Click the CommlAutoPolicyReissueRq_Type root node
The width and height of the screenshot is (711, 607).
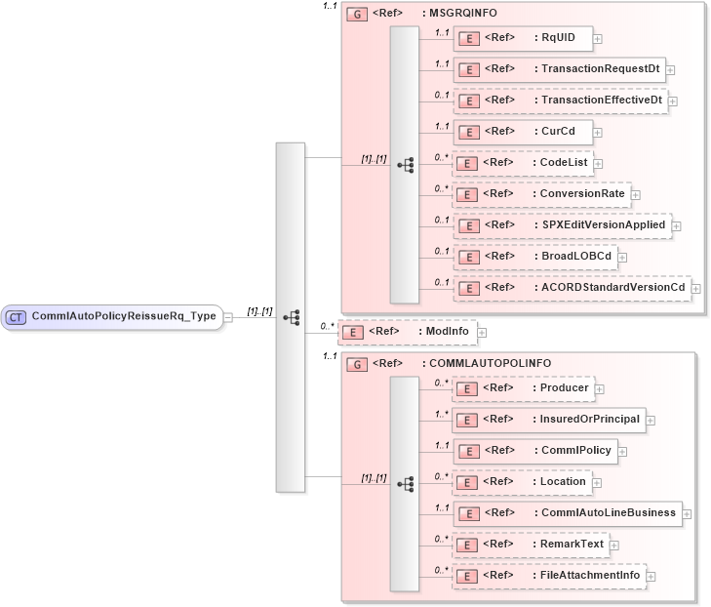point(111,316)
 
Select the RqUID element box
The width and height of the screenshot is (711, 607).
point(522,38)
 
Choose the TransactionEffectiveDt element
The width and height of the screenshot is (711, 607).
point(560,100)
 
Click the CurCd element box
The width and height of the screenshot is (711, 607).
point(522,131)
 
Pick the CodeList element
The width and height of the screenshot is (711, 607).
point(522,163)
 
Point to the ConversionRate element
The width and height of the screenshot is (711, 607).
point(540,194)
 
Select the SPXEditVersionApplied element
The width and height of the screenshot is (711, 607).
point(562,224)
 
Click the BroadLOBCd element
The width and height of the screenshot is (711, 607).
point(538,256)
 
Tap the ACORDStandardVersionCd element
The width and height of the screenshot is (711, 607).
point(571,287)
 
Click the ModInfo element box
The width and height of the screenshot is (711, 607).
point(407,332)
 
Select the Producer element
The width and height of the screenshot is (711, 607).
point(523,388)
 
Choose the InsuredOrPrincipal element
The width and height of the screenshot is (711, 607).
point(548,420)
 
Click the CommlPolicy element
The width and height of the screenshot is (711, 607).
point(534,451)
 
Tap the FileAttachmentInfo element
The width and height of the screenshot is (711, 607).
point(548,576)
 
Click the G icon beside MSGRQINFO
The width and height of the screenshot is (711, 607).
point(357,15)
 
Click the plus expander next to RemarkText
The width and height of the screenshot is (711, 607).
point(614,545)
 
